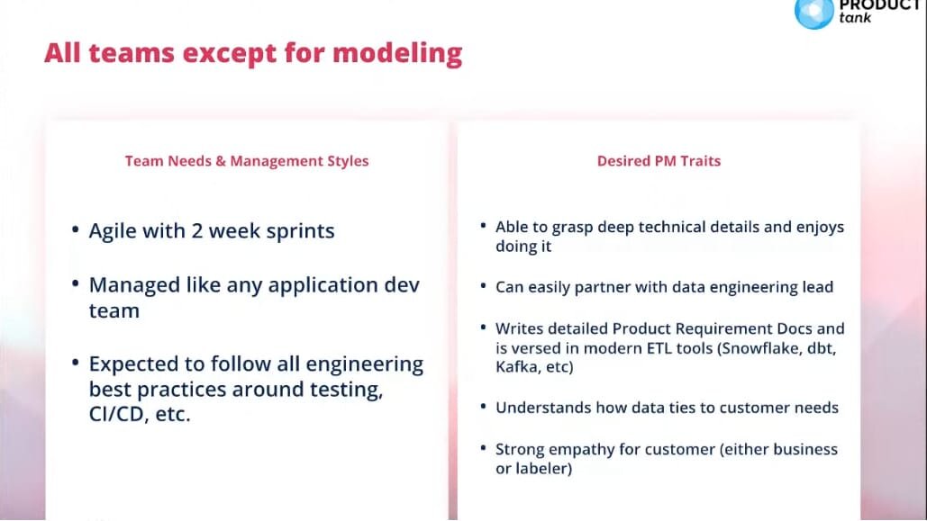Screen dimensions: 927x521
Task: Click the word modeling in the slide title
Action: (x=397, y=54)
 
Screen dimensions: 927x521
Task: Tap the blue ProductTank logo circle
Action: (x=814, y=13)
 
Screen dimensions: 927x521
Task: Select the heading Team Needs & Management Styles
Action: (x=247, y=161)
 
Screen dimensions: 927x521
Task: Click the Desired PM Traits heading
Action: (x=659, y=161)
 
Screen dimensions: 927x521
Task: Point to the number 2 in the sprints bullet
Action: (x=197, y=230)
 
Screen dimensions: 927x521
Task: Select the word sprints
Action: (x=300, y=231)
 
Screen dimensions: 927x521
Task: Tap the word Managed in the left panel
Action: (x=134, y=285)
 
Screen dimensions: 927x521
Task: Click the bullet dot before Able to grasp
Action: (x=483, y=226)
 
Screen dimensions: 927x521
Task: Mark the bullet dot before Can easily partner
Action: (x=483, y=286)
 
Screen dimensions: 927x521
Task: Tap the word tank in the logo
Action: (x=855, y=18)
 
